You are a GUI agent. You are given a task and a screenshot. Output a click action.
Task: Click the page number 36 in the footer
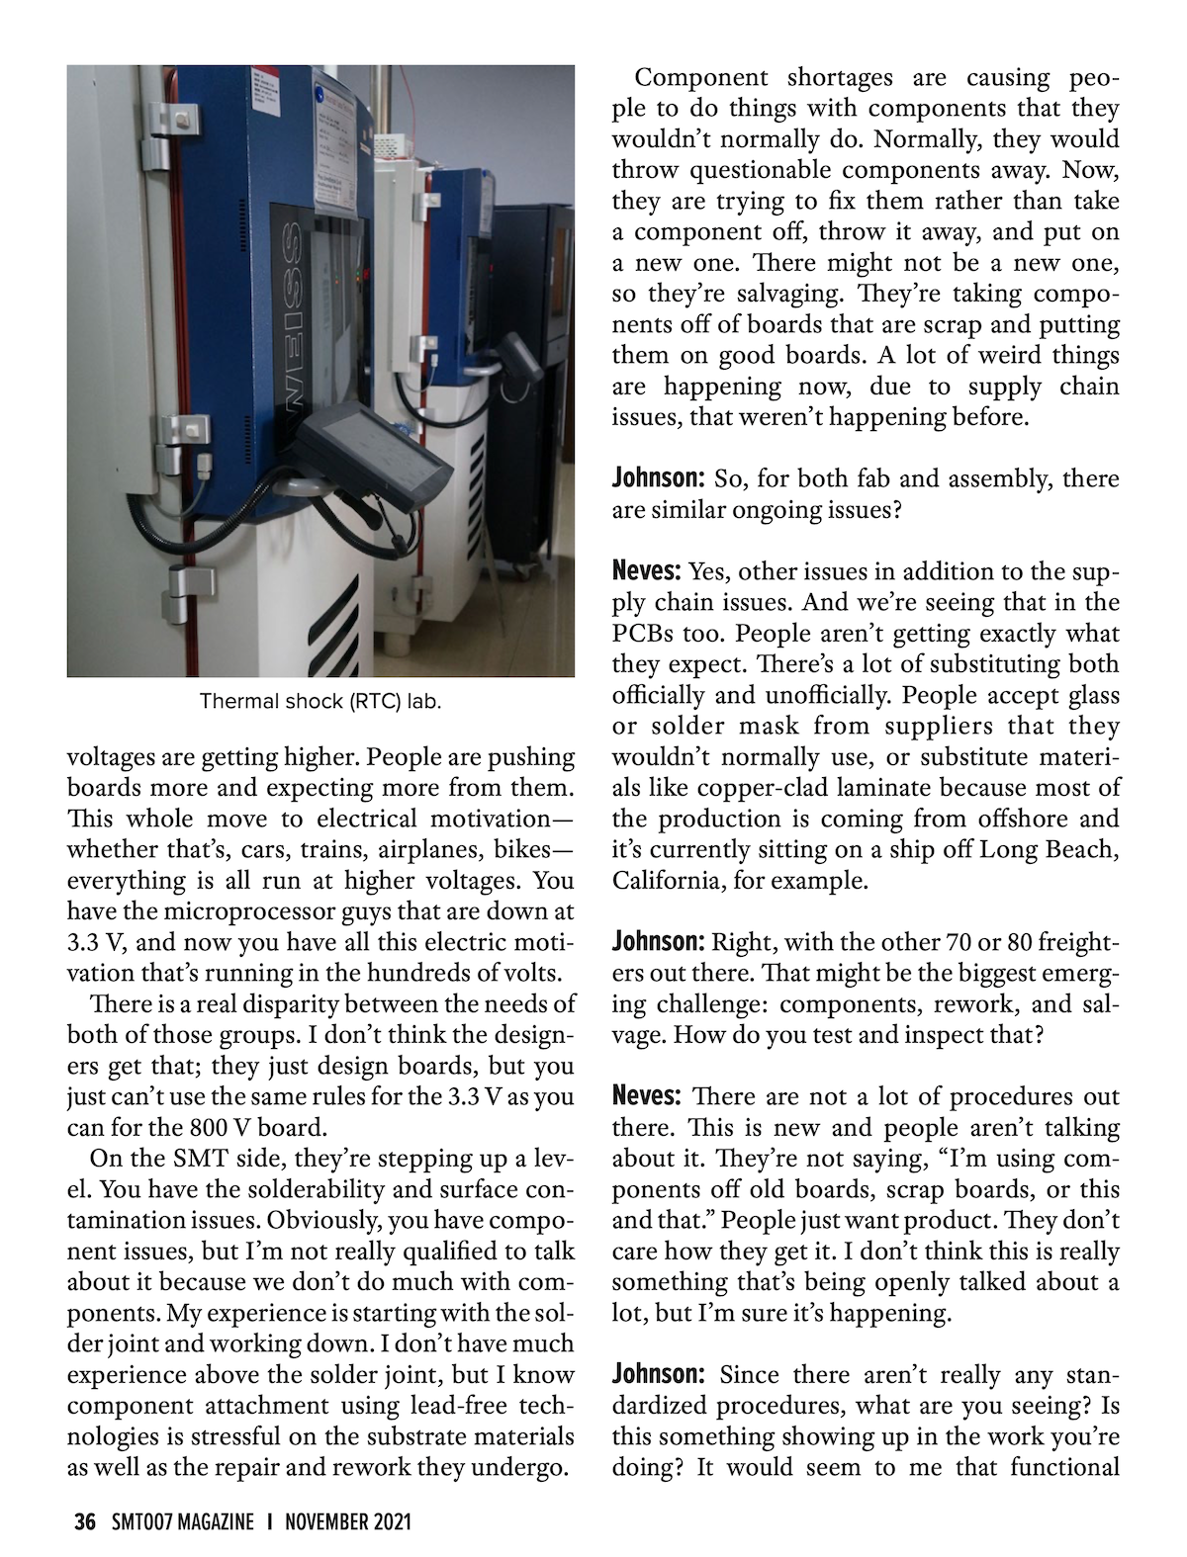pos(85,1521)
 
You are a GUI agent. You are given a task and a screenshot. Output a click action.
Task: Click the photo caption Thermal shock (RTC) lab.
pos(320,702)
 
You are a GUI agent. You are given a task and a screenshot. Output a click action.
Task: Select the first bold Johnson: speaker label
pos(658,479)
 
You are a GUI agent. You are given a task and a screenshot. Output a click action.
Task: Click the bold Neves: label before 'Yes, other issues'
pos(647,571)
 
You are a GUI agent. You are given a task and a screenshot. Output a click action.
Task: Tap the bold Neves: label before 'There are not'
pos(647,1096)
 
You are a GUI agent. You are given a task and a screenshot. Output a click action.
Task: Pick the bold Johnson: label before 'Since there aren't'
pos(658,1374)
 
